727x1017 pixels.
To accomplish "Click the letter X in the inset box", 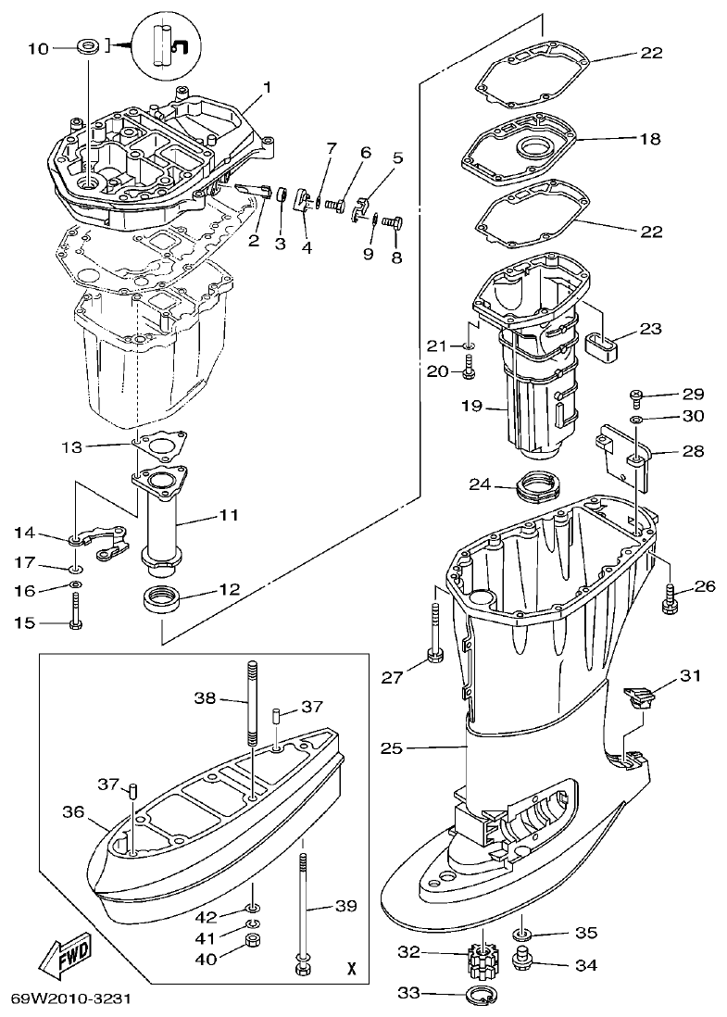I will tap(350, 970).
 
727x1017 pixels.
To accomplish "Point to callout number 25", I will tap(392, 746).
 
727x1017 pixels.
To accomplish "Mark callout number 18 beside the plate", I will tap(650, 139).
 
